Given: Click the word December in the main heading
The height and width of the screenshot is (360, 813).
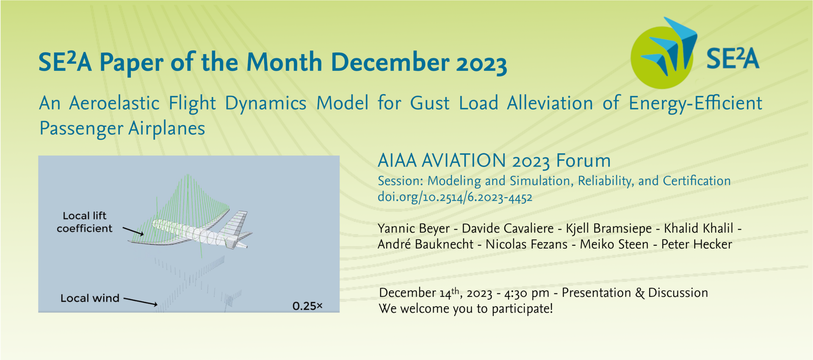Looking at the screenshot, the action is pyautogui.click(x=390, y=62).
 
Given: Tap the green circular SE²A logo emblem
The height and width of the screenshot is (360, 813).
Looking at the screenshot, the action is pyautogui.click(x=661, y=57).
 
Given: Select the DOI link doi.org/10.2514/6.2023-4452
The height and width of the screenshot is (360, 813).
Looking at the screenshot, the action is pyautogui.click(x=455, y=197).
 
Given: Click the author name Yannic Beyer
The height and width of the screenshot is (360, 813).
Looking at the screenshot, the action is pyautogui.click(x=414, y=229).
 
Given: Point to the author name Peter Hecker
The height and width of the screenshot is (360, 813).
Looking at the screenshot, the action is pyautogui.click(x=697, y=244).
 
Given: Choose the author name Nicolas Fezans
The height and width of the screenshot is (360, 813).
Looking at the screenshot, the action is pyautogui.click(x=526, y=244).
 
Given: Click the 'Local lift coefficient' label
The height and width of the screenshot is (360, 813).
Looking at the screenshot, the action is pyautogui.click(x=85, y=222).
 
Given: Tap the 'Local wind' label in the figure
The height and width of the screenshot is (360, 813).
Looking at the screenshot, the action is pyautogui.click(x=90, y=298).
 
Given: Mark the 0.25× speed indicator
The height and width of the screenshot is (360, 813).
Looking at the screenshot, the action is pyautogui.click(x=307, y=306).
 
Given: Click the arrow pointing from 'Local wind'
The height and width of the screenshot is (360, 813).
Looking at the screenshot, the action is pyautogui.click(x=141, y=301).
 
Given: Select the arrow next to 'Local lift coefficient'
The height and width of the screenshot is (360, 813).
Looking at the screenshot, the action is pyautogui.click(x=133, y=231).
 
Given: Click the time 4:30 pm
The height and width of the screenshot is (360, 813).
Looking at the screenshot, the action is pyautogui.click(x=527, y=293).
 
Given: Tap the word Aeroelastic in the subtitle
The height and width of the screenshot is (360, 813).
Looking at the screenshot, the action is pyautogui.click(x=114, y=103).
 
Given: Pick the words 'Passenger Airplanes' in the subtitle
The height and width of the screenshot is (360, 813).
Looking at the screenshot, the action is pyautogui.click(x=122, y=129).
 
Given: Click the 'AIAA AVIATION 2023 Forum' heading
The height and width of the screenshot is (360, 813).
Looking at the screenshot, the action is pyautogui.click(x=494, y=161).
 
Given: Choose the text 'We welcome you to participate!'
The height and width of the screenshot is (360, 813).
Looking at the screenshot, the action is pyautogui.click(x=466, y=309).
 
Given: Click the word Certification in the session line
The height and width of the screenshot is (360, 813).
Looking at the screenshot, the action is pyautogui.click(x=697, y=181).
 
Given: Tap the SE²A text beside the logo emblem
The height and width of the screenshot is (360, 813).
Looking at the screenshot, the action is pyautogui.click(x=733, y=58).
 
